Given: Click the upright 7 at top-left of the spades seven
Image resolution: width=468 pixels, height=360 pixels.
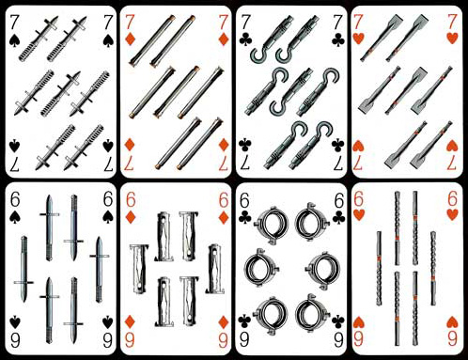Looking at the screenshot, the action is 14,23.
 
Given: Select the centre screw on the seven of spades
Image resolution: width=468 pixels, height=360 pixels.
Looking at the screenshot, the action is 60,94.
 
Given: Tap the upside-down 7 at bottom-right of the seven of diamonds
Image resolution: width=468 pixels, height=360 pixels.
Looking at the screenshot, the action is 223,164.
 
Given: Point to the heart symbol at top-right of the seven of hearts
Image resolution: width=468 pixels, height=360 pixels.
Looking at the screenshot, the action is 452,38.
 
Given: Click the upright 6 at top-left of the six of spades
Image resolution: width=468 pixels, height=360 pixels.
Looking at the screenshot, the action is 15,199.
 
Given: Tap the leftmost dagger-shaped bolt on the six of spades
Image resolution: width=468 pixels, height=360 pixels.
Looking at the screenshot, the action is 23,270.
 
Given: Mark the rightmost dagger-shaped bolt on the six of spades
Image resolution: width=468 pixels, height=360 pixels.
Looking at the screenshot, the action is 99,269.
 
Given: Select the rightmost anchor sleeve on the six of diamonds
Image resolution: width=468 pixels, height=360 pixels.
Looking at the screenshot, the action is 214,269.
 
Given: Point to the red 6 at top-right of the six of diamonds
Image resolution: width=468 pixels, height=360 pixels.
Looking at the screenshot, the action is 224,200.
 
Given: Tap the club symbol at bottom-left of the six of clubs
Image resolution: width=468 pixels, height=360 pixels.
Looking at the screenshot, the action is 244,321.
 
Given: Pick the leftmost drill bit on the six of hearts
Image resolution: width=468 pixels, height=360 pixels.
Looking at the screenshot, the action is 379,268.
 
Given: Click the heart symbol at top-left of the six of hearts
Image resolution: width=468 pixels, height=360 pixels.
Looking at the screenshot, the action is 359,214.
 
